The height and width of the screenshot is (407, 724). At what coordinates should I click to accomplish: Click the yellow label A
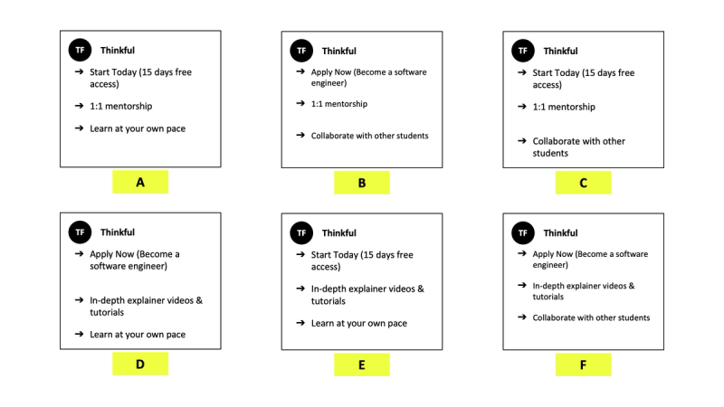(x=140, y=182)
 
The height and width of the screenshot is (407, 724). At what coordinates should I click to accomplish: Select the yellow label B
(x=361, y=183)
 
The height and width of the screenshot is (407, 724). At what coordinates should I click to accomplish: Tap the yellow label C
(x=583, y=183)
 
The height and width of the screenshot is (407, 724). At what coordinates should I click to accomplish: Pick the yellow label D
(x=140, y=364)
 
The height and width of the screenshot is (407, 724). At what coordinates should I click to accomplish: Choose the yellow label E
(x=361, y=364)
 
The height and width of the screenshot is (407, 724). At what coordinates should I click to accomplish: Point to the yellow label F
(x=583, y=364)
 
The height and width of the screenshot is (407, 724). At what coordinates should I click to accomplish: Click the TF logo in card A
(x=80, y=51)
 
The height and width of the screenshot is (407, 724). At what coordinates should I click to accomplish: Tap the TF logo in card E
(x=301, y=232)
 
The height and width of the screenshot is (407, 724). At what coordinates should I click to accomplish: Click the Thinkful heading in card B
(x=339, y=51)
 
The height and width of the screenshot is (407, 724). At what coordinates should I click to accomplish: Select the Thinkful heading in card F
(x=560, y=232)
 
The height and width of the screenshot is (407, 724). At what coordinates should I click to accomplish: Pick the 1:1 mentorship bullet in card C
(x=564, y=107)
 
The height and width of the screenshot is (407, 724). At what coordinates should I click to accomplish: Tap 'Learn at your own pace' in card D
(x=138, y=335)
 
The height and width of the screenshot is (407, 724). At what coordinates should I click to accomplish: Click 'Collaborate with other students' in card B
(x=369, y=136)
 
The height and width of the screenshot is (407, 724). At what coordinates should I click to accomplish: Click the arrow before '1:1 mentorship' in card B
(x=300, y=104)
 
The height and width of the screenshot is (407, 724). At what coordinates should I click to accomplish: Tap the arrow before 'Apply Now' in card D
(x=80, y=254)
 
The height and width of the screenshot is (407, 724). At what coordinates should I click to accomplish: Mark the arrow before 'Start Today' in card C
(x=522, y=72)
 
